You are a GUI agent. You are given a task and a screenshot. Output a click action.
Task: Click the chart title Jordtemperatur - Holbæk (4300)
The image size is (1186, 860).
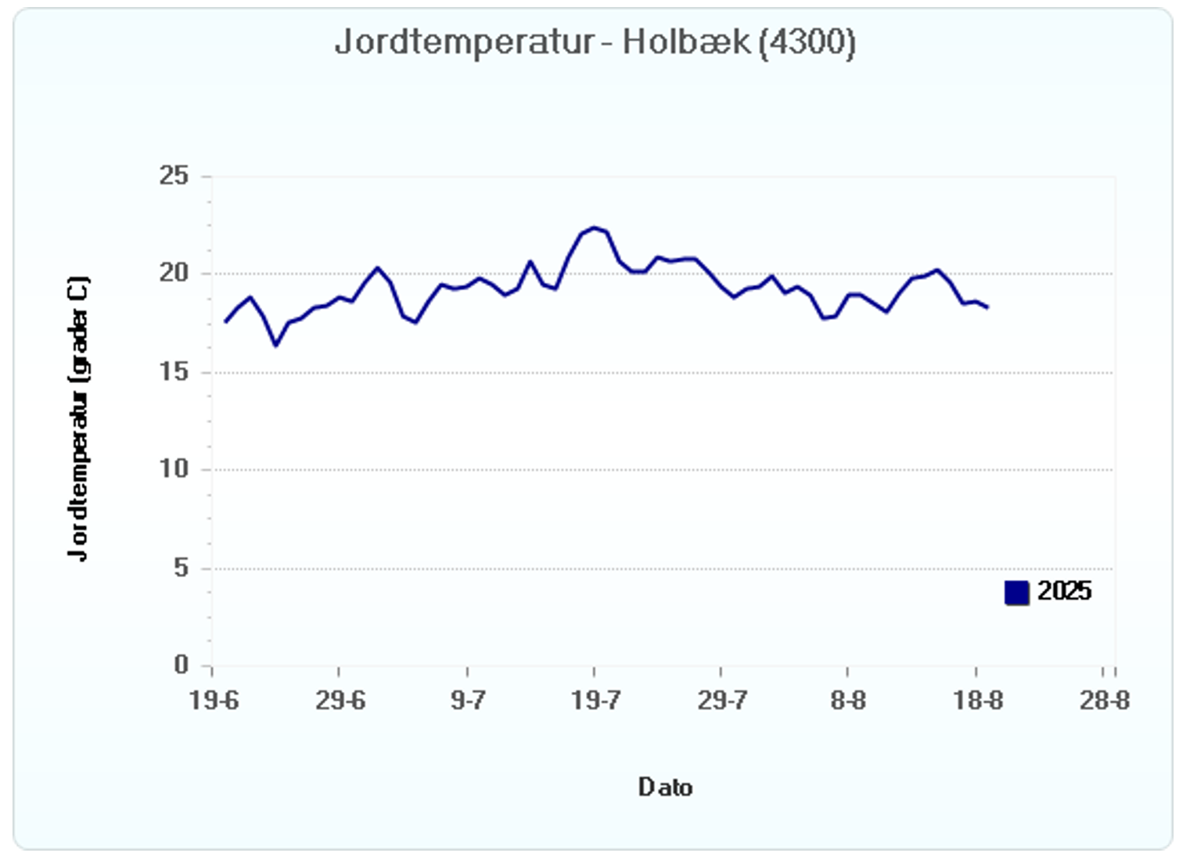(595, 42)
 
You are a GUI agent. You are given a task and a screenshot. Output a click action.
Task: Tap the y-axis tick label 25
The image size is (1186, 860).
(174, 176)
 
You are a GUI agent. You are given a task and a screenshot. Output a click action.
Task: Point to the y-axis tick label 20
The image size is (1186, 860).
(174, 273)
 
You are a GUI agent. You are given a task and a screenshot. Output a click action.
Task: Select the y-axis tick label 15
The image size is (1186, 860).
(174, 371)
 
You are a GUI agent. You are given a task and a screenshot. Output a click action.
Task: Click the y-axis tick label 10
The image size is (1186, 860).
(174, 469)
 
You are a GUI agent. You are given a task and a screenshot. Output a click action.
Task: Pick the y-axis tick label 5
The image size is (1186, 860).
(181, 568)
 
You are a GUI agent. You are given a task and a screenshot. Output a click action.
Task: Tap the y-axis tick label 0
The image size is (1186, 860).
(181, 665)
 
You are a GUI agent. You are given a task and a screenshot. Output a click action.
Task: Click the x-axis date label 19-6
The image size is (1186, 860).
(213, 701)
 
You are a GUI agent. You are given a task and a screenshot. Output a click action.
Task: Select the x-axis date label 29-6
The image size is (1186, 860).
(340, 701)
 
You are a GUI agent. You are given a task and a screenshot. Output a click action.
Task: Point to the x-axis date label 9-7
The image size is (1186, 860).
(468, 701)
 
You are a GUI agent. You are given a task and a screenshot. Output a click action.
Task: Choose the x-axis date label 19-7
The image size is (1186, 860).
(595, 701)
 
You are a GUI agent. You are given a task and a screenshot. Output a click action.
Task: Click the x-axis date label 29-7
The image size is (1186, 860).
(721, 701)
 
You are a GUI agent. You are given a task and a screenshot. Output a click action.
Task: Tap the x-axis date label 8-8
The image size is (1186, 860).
(848, 701)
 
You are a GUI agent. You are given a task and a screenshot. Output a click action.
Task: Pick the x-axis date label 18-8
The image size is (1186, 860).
(977, 701)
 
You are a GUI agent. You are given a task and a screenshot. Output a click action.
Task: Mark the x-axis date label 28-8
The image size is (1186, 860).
(1104, 701)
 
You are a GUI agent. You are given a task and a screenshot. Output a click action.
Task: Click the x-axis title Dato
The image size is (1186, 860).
(665, 787)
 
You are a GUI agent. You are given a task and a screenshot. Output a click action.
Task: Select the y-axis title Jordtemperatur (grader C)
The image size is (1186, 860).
(78, 419)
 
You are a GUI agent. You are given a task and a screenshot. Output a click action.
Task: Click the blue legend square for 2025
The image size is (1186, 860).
(1016, 593)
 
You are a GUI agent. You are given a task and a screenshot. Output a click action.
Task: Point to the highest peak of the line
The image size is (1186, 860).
(594, 228)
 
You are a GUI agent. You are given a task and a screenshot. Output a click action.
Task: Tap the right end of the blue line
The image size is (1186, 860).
(988, 307)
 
